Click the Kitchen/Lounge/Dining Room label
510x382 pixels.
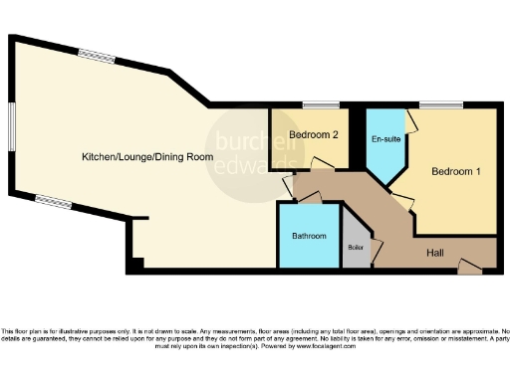point(147,157)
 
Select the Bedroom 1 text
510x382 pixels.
point(456,171)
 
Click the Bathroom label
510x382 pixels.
point(310,236)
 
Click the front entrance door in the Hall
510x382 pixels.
point(466,265)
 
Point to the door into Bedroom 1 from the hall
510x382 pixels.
point(406,200)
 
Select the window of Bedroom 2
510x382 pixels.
point(320,104)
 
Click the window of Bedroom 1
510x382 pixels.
point(438,104)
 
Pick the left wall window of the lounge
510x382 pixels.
point(12,128)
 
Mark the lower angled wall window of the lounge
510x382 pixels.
point(52,199)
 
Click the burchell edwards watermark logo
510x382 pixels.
point(254,154)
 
